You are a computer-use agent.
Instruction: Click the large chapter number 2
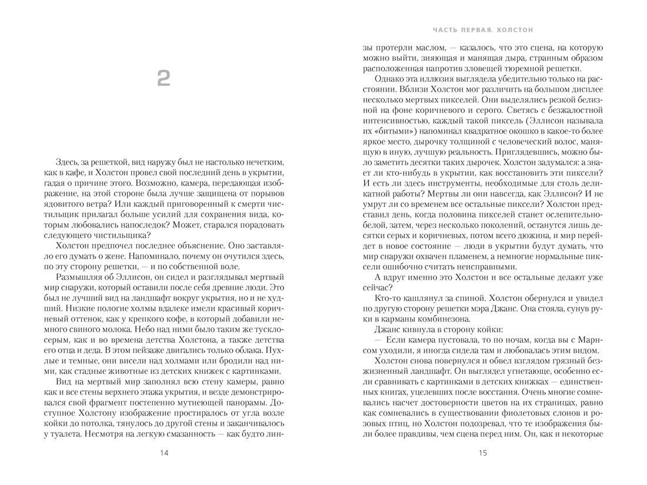pyautogui.click(x=164, y=78)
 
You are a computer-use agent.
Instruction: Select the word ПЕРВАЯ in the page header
pyautogui.click(x=472, y=29)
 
